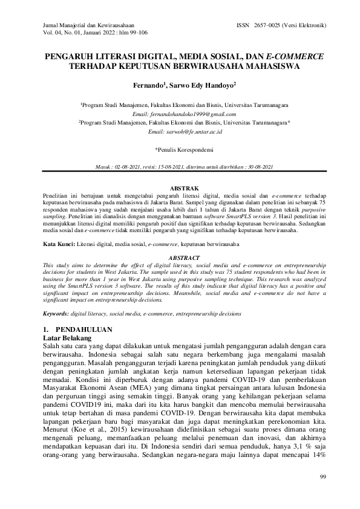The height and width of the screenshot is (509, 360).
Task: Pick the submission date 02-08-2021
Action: [x=135, y=166]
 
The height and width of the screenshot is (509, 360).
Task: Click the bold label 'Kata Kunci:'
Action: [x=59, y=244]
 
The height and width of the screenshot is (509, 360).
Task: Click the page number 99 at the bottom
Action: [x=322, y=478]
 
